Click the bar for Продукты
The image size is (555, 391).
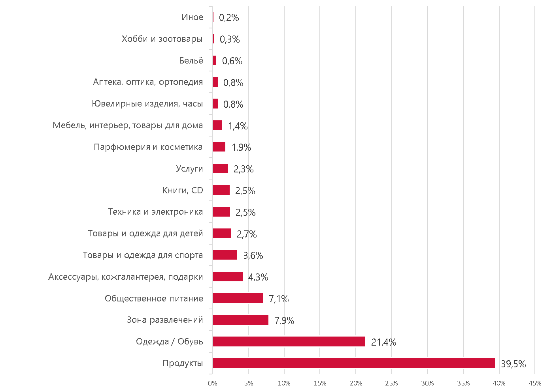pos(354,363)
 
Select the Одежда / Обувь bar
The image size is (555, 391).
pos(289,341)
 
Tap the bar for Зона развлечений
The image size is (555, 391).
pos(241,320)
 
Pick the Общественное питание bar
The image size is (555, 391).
pos(238,298)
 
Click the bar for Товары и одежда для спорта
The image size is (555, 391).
pos(225,255)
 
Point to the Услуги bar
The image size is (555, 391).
pos(221,168)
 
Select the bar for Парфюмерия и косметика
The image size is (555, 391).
pos(219,147)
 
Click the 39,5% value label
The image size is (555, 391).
pos(513,364)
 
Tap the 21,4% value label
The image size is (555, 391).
pos(383,342)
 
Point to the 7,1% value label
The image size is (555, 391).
pos(279,299)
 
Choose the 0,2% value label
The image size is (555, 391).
pos(229,18)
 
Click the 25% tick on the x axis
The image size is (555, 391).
pos(391,383)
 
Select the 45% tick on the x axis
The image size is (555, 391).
pos(535,383)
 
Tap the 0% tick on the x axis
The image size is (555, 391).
pos(213,383)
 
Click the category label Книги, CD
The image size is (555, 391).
pos(183,190)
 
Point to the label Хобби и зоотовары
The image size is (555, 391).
pos(162,39)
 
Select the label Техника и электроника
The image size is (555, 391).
pos(155,212)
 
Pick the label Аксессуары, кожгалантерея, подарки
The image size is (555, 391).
pos(126,277)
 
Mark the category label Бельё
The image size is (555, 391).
pos(191,60)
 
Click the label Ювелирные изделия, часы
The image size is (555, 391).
pos(147,103)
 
